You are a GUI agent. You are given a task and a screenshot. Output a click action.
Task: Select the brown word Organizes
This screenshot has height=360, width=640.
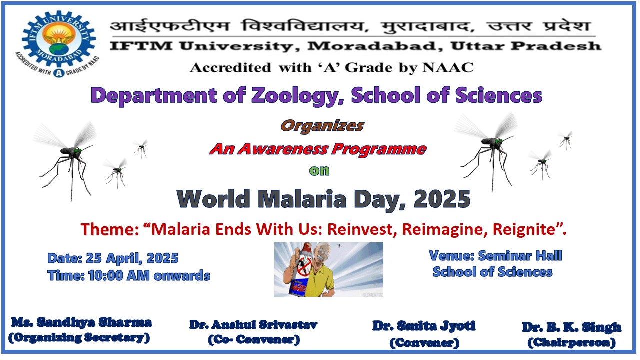click(322, 126)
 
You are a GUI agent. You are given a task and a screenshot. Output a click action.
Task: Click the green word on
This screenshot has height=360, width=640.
click(319, 171)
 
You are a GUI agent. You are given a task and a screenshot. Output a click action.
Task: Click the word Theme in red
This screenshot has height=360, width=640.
click(109, 229)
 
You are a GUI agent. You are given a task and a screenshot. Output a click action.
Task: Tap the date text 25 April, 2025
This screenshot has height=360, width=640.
click(132, 258)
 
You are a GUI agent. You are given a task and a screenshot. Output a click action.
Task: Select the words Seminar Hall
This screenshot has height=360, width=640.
click(520, 255)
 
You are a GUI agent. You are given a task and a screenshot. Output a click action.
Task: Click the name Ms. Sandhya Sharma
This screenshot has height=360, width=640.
click(81, 322)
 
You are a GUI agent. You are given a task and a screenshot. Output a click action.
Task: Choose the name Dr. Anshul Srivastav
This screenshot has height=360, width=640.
click(253, 325)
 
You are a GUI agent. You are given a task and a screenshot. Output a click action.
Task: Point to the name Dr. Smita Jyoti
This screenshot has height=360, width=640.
click(424, 326)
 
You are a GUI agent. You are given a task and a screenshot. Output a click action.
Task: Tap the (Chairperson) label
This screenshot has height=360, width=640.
click(571, 342)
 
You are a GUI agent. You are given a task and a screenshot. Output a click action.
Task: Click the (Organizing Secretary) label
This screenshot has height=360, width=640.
click(79, 338)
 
